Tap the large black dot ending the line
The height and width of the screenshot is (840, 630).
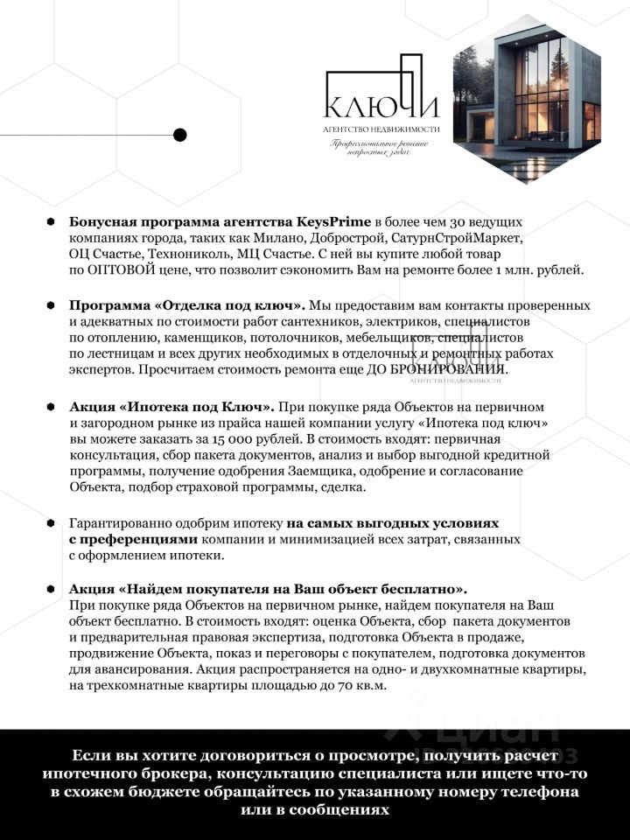point(180,135)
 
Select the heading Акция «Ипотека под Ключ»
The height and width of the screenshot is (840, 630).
point(171,407)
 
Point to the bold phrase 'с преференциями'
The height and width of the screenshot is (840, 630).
point(133,539)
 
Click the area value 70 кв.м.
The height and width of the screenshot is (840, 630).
point(361,685)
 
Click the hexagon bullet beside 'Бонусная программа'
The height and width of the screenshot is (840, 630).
point(51,222)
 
